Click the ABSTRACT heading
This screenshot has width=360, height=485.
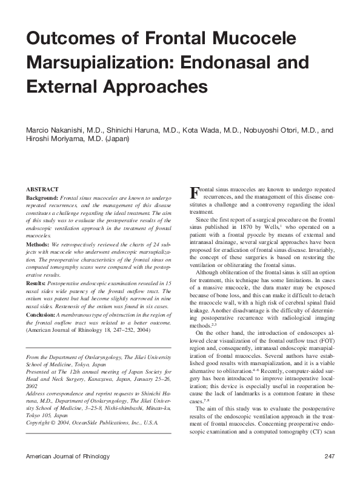42,190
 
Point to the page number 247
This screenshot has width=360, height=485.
330,473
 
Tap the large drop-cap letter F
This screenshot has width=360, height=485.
195,195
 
